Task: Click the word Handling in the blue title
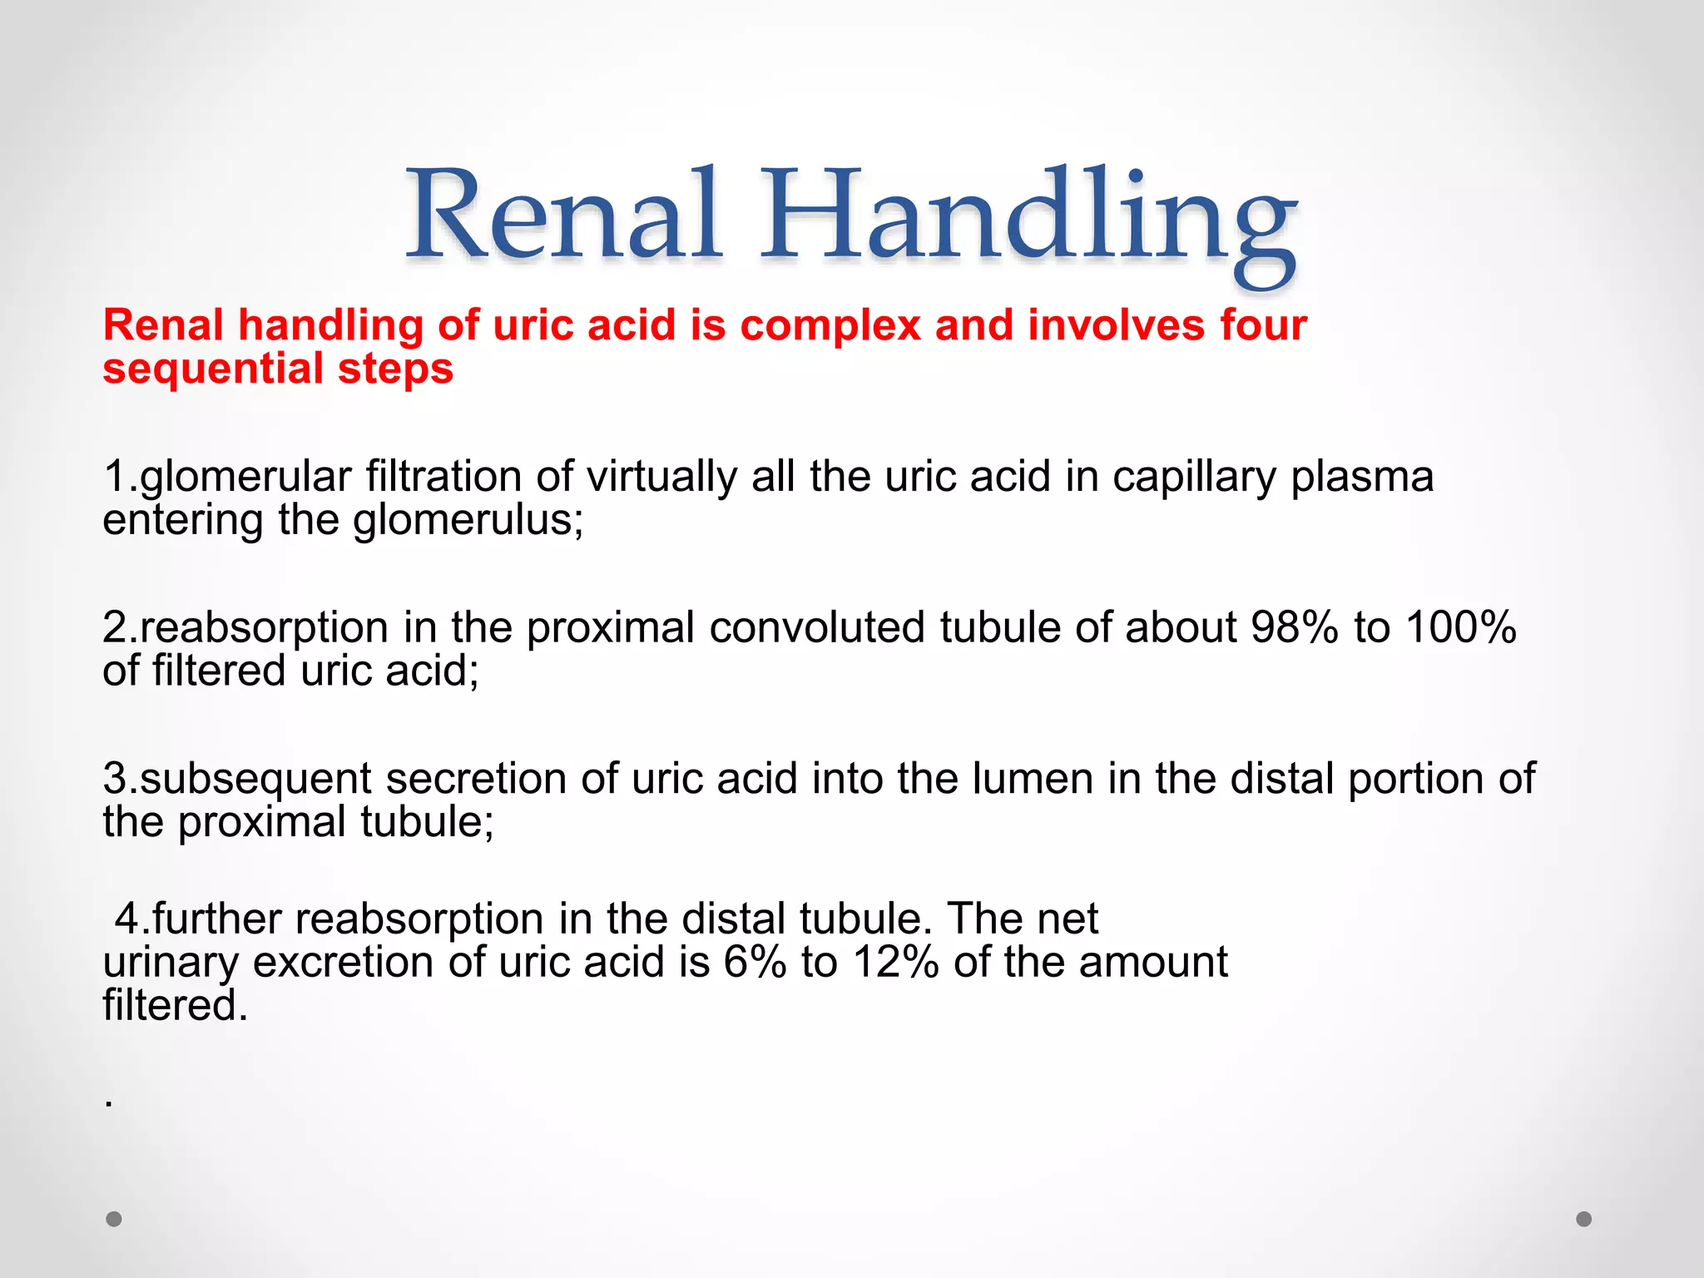click(x=1028, y=220)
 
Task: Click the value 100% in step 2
click(x=1461, y=627)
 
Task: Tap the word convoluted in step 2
click(x=817, y=627)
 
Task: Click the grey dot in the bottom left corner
click(x=114, y=1219)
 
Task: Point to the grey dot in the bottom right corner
click(x=1584, y=1219)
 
